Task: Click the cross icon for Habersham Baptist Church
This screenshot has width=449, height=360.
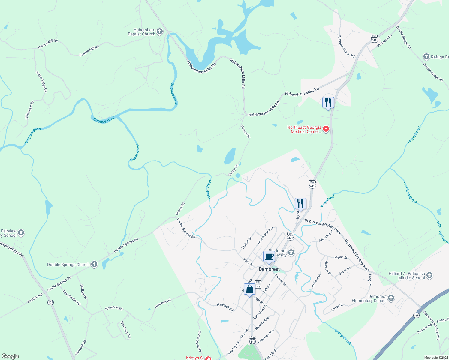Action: tap(160, 31)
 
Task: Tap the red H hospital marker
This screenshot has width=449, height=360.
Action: tap(326, 129)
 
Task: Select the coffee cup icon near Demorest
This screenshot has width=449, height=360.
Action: tap(269, 257)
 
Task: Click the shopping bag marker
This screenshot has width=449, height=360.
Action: tap(250, 289)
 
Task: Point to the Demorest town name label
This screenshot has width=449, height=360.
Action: tap(269, 269)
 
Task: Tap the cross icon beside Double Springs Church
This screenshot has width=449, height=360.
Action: tap(94, 264)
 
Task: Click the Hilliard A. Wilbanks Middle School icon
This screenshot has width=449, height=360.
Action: tap(429, 275)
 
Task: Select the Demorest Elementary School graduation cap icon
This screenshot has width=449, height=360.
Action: tap(391, 298)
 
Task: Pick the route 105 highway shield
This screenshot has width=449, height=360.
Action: tap(50, 302)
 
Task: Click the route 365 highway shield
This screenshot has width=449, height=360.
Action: tap(416, 315)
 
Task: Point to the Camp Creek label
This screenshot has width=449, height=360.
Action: tap(342, 337)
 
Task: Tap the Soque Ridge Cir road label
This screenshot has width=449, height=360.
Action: tap(41, 81)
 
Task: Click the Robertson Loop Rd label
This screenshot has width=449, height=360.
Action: tap(346, 46)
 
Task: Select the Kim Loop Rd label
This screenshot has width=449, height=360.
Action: tap(125, 330)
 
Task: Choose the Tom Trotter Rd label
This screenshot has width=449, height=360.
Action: tap(71, 298)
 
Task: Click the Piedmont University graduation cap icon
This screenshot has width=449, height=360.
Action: tap(291, 253)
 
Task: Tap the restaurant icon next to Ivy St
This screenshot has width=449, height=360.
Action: tap(300, 204)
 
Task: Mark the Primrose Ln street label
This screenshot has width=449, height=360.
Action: tap(384, 40)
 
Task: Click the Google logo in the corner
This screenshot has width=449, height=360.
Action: tap(10, 356)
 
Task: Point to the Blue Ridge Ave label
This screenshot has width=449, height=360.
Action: tap(265, 235)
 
